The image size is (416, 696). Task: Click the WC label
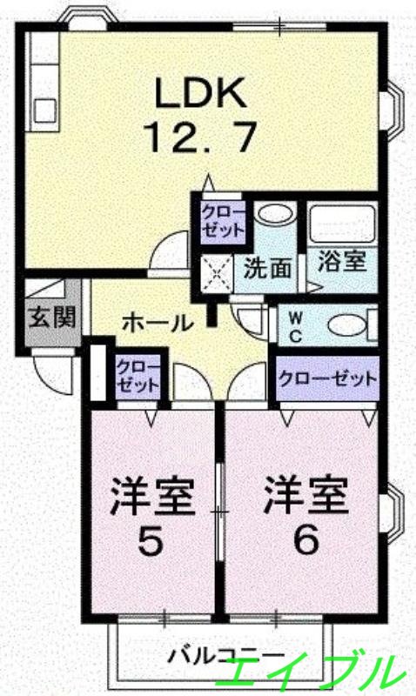pyautogui.click(x=296, y=324)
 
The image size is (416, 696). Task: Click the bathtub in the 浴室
pyautogui.click(x=341, y=224)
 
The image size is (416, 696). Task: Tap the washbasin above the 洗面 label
pyautogui.click(x=277, y=214)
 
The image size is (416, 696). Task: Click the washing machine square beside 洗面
pyautogui.click(x=218, y=272)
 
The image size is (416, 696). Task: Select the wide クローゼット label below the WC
pyautogui.click(x=328, y=378)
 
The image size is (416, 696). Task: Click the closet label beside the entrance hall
pyautogui.click(x=138, y=377)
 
